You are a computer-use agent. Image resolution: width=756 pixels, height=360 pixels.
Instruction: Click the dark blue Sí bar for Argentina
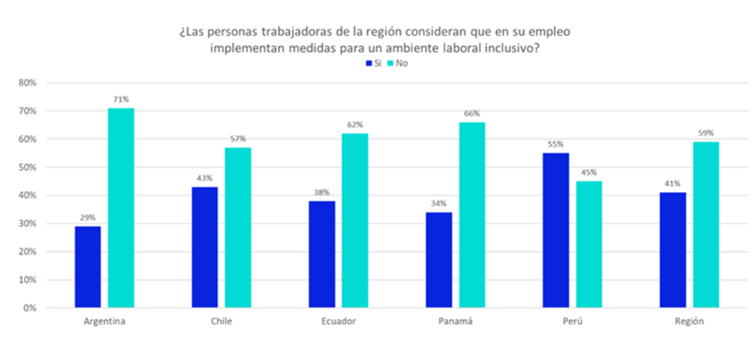[x=87, y=266]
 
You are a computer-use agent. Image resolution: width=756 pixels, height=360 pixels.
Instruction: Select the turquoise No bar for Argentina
[x=121, y=208]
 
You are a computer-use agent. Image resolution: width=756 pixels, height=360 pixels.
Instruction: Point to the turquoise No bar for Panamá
[x=472, y=215]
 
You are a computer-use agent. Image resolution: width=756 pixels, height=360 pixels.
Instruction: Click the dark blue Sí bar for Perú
[x=556, y=230]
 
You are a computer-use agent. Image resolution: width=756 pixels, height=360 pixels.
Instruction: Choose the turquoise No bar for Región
[x=705, y=225]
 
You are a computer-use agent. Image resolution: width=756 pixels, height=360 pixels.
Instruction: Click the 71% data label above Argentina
[x=121, y=100]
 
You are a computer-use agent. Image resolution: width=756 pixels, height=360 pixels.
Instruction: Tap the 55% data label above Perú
[x=556, y=144]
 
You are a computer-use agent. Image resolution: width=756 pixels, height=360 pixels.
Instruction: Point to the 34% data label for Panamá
[x=438, y=203]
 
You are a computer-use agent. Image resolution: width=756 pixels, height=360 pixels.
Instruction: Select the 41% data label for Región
[x=672, y=184]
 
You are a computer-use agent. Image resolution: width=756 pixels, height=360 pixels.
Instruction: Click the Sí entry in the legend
[x=373, y=64]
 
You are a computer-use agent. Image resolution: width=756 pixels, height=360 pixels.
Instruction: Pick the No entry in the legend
[x=397, y=64]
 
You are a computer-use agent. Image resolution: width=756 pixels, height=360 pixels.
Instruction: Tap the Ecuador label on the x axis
[x=338, y=321]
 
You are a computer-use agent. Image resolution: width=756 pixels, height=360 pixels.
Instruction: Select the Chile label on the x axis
[x=222, y=321]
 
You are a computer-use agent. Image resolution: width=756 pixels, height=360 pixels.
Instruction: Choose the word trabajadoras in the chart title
[x=267, y=33]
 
